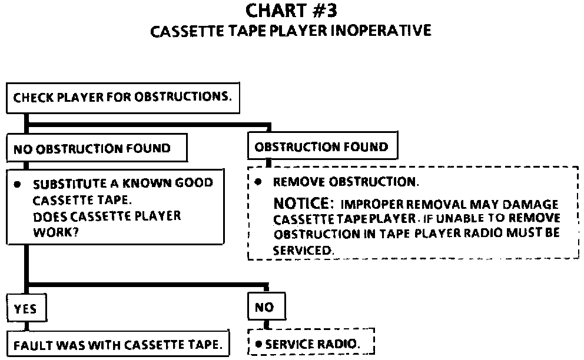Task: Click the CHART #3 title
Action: click(291, 11)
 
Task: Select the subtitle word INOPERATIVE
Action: click(381, 31)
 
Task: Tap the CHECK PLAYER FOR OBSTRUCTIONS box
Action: click(123, 98)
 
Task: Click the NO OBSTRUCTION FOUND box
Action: click(97, 148)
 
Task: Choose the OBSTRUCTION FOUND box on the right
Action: click(323, 145)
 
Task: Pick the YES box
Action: click(26, 308)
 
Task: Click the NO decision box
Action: click(267, 306)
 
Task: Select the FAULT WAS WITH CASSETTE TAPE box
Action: click(118, 344)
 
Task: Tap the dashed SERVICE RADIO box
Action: click(311, 342)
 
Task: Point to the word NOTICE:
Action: click(301, 204)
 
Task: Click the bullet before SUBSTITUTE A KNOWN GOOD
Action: click(17, 184)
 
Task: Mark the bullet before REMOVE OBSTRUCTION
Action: click(258, 182)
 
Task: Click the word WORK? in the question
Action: click(56, 232)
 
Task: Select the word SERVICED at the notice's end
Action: click(303, 250)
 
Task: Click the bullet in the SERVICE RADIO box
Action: click(258, 344)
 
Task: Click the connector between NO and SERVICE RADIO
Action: click(266, 325)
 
